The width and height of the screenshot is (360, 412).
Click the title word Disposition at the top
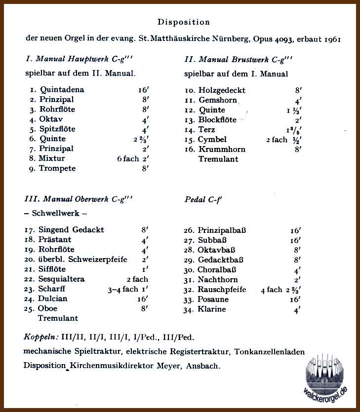pyautogui.click(x=184, y=22)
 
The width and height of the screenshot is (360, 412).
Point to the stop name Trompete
pyautogui.click(x=58, y=168)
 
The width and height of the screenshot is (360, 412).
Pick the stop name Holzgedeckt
pyautogui.click(x=222, y=90)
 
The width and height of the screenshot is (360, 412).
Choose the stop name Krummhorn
pyautogui.click(x=222, y=150)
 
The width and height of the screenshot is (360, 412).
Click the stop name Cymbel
pyautogui.click(x=212, y=140)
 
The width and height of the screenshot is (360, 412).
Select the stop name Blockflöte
pyautogui.click(x=218, y=120)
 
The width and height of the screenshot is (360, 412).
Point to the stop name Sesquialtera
pyautogui.click(x=61, y=279)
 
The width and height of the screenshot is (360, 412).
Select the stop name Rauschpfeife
pyautogui.click(x=222, y=290)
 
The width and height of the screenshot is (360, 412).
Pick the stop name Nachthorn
pyautogui.click(x=218, y=280)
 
